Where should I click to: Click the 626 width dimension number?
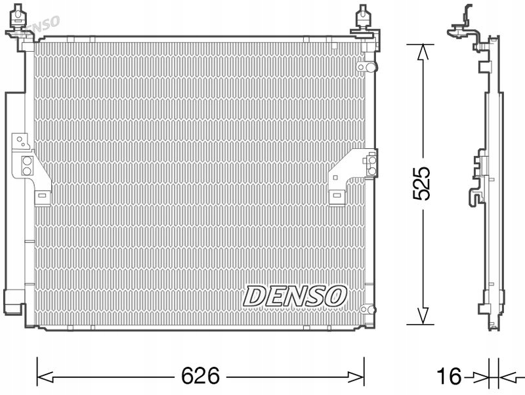pos(200,376)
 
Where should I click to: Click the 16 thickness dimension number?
pos(450,377)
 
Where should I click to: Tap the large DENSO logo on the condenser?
pos(295,296)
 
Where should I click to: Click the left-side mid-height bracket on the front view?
pos(30,169)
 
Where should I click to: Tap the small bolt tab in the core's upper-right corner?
pos(365,67)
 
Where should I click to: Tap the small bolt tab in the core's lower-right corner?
pos(367,309)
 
